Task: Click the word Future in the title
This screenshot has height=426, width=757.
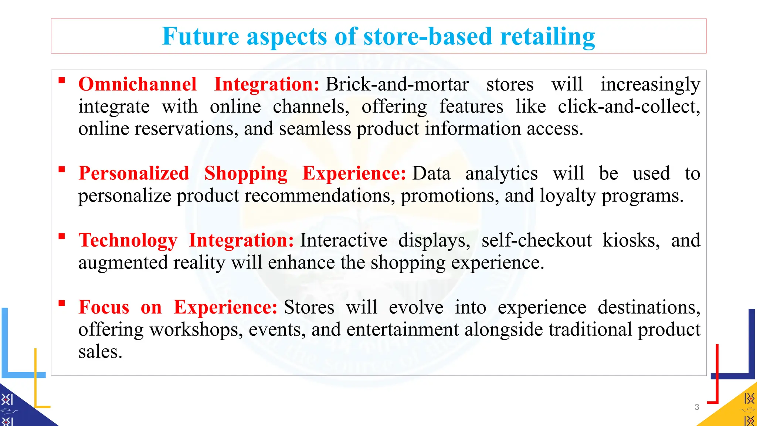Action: coord(200,37)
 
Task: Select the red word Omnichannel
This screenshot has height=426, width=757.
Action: coord(138,84)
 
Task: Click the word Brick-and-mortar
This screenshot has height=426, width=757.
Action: coord(397,84)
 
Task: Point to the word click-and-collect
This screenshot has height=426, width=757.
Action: coord(629,107)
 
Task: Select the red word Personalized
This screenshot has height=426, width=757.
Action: coord(134,173)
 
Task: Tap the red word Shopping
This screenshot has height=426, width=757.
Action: coord(246,173)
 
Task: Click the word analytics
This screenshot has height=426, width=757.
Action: coord(501,173)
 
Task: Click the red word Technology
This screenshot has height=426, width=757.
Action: coord(128,240)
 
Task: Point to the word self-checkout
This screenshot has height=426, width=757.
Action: coord(536,240)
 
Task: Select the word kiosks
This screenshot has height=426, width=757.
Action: coord(631,240)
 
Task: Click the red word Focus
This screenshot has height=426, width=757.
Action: coord(104,307)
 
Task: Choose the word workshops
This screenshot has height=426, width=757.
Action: coord(196,329)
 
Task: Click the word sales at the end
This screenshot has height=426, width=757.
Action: coord(100,352)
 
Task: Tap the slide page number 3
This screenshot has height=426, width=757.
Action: coord(697,407)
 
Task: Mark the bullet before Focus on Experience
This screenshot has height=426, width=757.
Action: coord(62,304)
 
